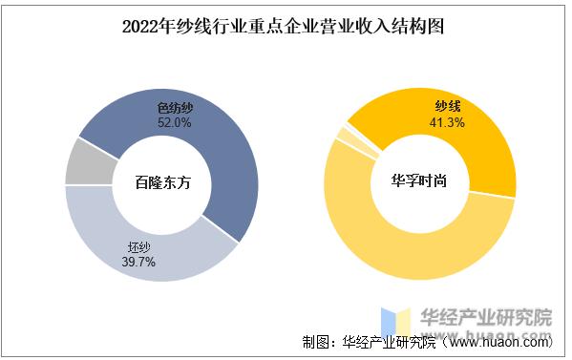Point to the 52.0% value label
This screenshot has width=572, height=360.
tap(175, 123)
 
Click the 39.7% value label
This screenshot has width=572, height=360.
tap(138, 261)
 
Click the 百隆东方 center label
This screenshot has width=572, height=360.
tap(162, 183)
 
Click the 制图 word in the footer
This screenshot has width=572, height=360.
tap(316, 342)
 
